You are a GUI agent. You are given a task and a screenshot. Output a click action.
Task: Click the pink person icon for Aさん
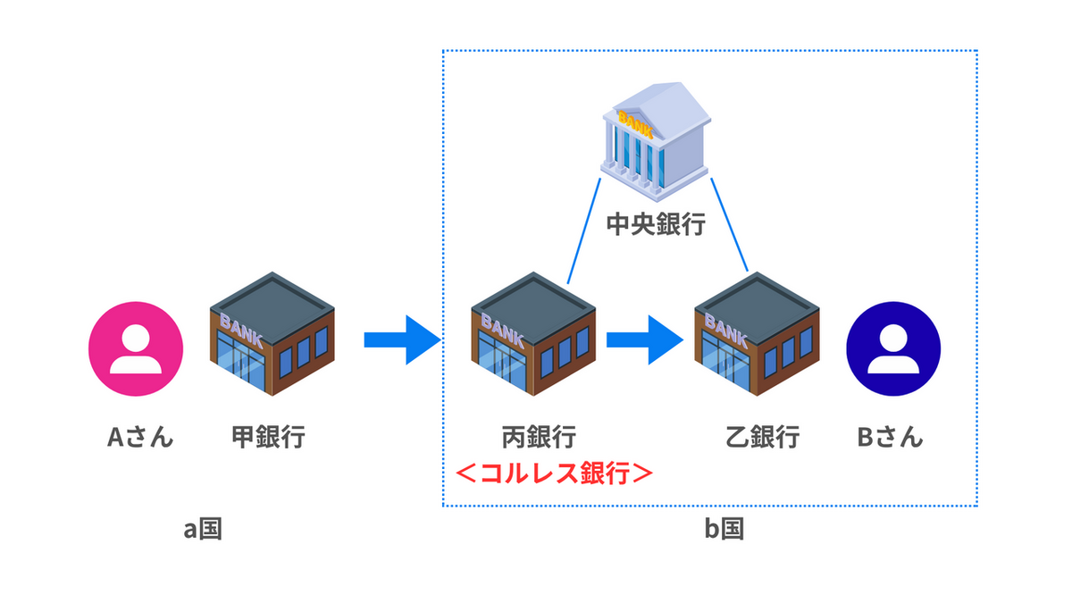pyautogui.click(x=136, y=348)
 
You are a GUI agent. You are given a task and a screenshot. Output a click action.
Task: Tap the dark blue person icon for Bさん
pyautogui.click(x=893, y=348)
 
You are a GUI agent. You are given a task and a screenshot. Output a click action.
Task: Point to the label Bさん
pyautogui.click(x=890, y=438)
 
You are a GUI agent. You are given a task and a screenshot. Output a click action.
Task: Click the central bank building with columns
pyautogui.click(x=656, y=144)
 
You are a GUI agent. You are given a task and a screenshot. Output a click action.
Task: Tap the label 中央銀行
pyautogui.click(x=656, y=223)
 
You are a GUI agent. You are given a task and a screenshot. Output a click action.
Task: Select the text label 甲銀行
pyautogui.click(x=268, y=438)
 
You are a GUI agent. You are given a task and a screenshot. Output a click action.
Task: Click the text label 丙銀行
pyautogui.click(x=538, y=438)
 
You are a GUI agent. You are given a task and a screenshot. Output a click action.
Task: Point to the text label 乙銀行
pyautogui.click(x=762, y=438)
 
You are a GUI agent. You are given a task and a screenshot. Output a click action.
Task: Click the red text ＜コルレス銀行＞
pyautogui.click(x=554, y=472)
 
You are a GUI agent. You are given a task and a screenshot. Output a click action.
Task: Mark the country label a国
pyautogui.click(x=203, y=529)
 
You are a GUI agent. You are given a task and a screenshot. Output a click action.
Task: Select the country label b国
pyautogui.click(x=724, y=529)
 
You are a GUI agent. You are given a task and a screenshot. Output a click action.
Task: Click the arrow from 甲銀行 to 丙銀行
pyautogui.click(x=402, y=339)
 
